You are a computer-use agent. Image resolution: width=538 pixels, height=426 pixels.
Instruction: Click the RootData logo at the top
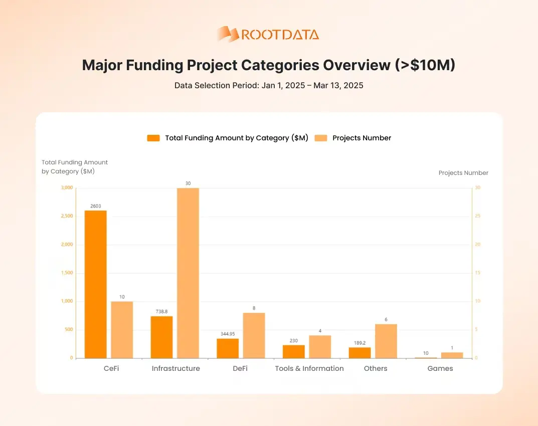tap(268, 34)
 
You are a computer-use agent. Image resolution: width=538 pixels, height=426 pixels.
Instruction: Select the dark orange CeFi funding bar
tap(95, 284)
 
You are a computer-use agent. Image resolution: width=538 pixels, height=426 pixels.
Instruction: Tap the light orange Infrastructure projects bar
tap(188, 273)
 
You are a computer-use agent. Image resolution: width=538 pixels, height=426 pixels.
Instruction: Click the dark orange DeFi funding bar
tap(228, 348)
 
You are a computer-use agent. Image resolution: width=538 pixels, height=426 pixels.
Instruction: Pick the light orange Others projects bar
tap(386, 341)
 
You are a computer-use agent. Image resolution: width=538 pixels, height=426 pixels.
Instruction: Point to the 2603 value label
tap(95, 205)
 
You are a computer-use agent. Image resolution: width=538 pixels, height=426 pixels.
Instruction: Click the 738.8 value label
tap(161, 311)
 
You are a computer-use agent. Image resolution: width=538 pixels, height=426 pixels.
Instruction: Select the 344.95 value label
tap(228, 334)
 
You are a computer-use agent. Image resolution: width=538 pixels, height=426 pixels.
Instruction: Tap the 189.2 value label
tap(360, 343)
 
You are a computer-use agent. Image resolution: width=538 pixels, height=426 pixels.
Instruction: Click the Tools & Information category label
tap(309, 368)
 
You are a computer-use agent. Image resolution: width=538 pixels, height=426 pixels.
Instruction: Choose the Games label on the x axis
tap(440, 368)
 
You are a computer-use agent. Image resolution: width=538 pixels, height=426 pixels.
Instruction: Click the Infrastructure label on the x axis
tap(175, 368)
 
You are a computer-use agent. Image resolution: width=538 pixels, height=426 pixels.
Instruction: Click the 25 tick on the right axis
tap(478, 216)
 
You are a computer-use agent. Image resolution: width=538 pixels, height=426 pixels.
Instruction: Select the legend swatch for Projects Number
tap(321, 138)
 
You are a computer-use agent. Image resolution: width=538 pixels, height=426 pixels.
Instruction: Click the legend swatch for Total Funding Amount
tap(153, 138)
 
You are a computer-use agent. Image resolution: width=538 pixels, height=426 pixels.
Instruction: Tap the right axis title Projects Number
tap(463, 173)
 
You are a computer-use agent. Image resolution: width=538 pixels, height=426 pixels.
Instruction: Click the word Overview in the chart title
tap(365, 65)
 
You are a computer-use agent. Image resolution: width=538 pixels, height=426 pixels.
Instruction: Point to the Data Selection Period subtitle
tap(269, 85)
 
